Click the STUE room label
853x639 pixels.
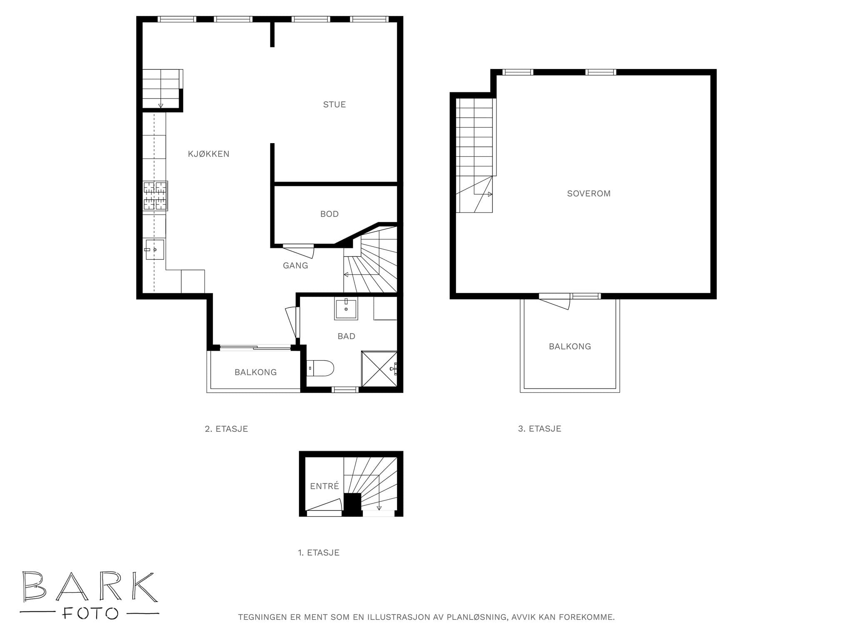click(334, 104)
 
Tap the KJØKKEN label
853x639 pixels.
click(209, 154)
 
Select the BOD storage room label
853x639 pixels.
click(329, 214)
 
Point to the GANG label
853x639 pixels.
click(295, 265)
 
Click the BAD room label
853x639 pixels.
click(347, 336)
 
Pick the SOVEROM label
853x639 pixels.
click(589, 193)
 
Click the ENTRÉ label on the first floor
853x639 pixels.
click(324, 486)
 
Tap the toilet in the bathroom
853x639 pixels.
click(320, 368)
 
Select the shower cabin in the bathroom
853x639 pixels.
click(379, 369)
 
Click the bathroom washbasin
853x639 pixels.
click(346, 308)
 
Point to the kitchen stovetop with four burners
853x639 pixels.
click(155, 196)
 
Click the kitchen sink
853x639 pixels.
click(154, 249)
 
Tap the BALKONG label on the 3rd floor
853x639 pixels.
click(570, 347)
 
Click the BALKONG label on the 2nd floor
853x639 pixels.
click(256, 372)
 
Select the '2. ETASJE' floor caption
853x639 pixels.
click(227, 429)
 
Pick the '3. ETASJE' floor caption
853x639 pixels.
click(540, 429)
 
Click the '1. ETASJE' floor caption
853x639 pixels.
click(319, 553)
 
